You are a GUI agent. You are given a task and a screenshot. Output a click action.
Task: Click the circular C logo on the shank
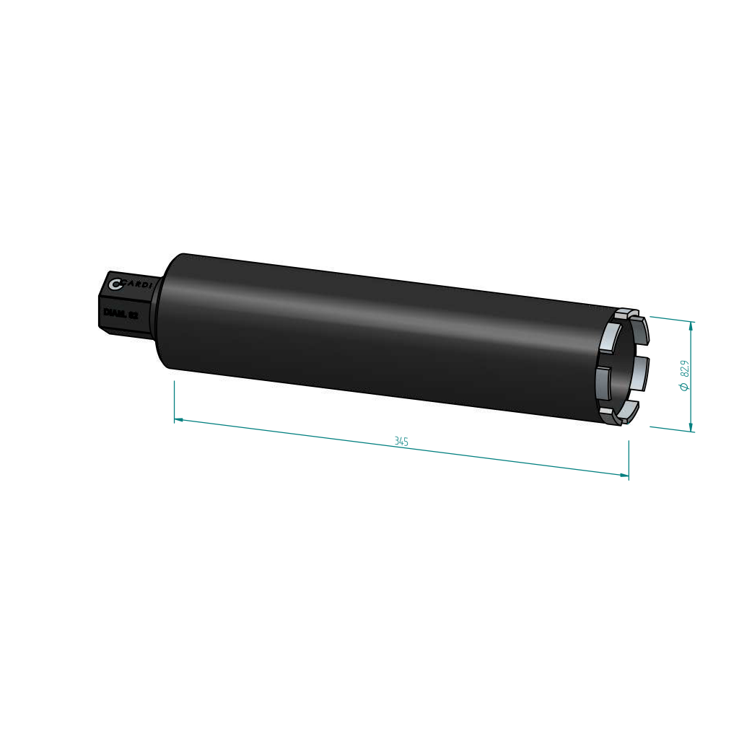[x=115, y=283]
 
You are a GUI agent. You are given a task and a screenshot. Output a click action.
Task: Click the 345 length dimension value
[x=402, y=441]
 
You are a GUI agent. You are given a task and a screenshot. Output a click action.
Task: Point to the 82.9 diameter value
[x=685, y=369]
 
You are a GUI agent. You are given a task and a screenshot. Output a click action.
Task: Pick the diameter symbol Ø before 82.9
[x=684, y=387]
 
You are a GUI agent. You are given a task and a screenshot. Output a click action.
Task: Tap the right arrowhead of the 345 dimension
[x=624, y=474]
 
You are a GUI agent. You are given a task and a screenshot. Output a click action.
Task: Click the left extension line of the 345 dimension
[x=175, y=401]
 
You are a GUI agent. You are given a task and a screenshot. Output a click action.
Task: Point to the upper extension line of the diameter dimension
[x=671, y=319]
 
